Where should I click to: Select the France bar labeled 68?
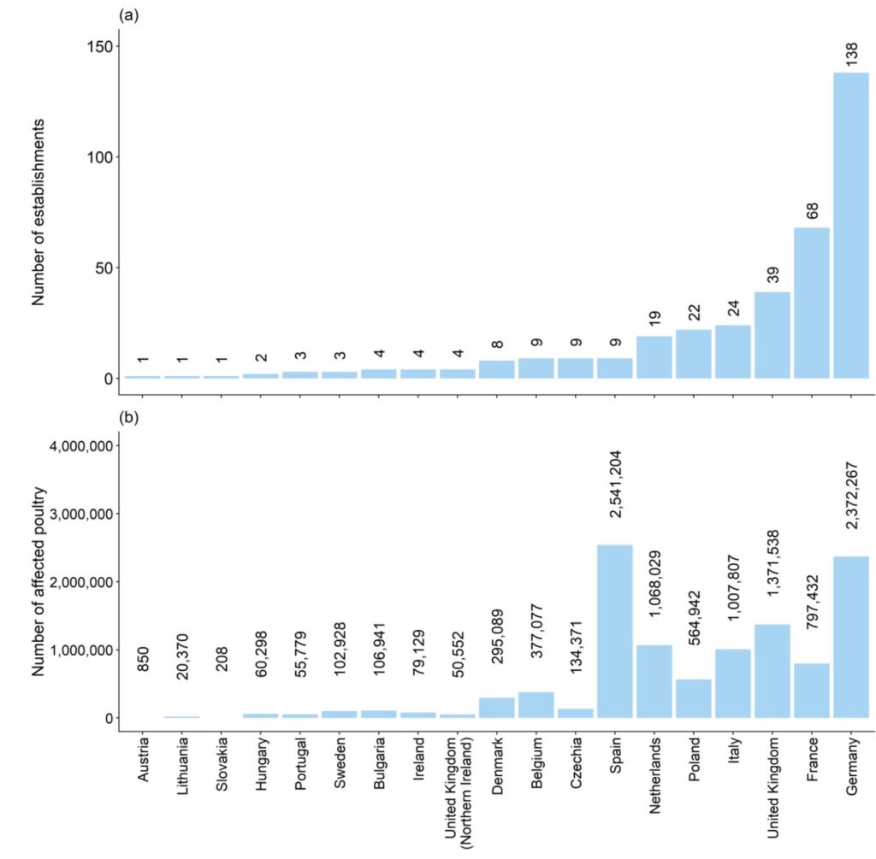[x=811, y=303]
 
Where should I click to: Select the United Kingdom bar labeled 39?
[x=772, y=335]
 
